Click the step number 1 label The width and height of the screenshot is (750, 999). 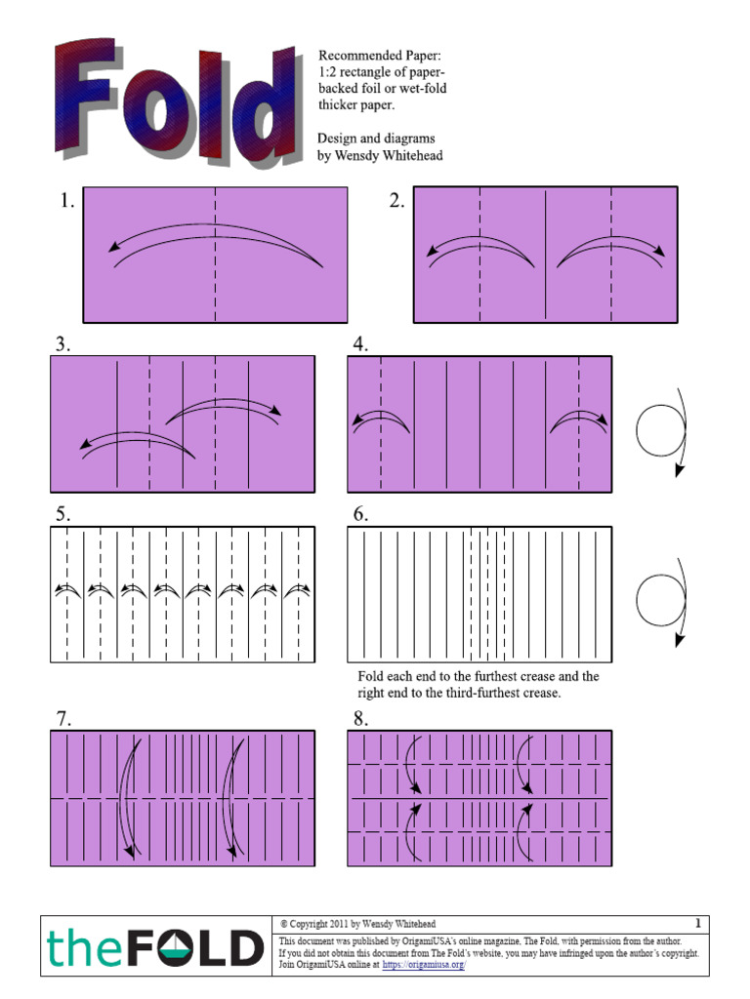[x=65, y=202]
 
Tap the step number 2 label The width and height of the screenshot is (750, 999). [x=396, y=202]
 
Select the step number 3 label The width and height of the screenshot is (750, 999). [x=62, y=344]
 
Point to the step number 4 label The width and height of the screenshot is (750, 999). [x=360, y=344]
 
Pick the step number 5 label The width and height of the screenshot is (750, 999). [x=62, y=515]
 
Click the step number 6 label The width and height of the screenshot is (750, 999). [x=360, y=515]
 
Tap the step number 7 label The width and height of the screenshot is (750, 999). [x=62, y=719]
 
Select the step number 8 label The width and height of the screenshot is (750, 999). [x=360, y=719]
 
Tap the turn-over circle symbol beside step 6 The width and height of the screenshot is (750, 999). [x=661, y=599]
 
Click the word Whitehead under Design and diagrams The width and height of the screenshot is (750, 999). [x=410, y=156]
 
